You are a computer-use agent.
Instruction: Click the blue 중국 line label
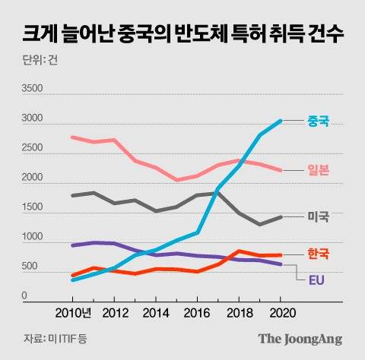coord(319,121)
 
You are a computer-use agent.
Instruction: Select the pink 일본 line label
coord(319,170)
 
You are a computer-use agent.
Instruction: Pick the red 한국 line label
coord(319,254)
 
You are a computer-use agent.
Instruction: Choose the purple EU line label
coord(319,279)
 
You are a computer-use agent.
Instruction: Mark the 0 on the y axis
coord(24,296)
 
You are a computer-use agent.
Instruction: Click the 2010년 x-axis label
coord(75,312)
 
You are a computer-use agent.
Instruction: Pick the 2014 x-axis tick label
coord(156,312)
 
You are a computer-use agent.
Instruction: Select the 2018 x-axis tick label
coord(240,312)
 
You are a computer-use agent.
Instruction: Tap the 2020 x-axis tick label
coord(281,312)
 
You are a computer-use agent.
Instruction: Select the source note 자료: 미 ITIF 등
coord(54,339)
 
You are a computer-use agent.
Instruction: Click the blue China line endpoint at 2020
coord(281,121)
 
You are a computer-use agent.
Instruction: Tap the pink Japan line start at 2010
coord(72,137)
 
